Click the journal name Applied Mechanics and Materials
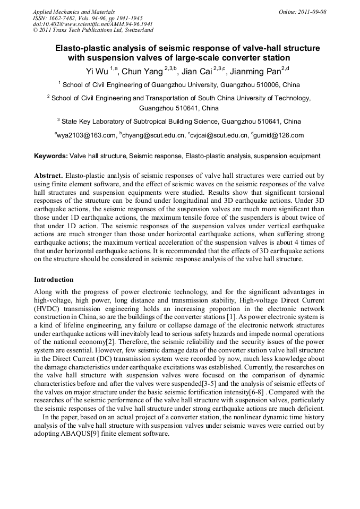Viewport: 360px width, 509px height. click(73, 12)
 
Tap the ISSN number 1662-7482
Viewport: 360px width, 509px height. click(66, 18)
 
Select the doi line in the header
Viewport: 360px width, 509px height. click(93, 24)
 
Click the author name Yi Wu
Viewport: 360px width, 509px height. click(97, 72)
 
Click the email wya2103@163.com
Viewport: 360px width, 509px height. click(88, 135)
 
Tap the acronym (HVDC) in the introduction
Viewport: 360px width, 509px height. click(49, 309)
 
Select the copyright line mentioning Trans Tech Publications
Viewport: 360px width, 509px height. click(93, 30)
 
